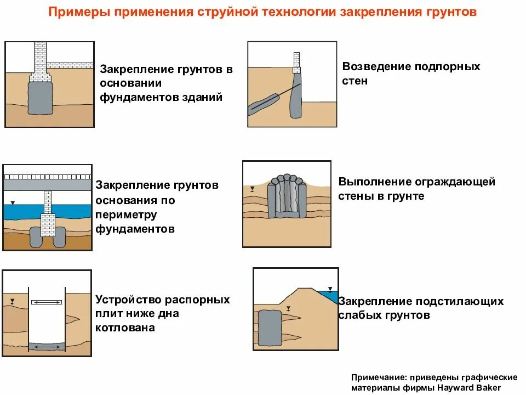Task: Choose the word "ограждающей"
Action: pos(460,182)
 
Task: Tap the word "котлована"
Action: pos(125,328)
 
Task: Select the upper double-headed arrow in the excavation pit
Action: pos(46,302)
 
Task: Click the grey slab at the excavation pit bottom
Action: pos(46,347)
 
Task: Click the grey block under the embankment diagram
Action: pos(269,328)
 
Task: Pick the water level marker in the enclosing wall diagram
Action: pos(252,190)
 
